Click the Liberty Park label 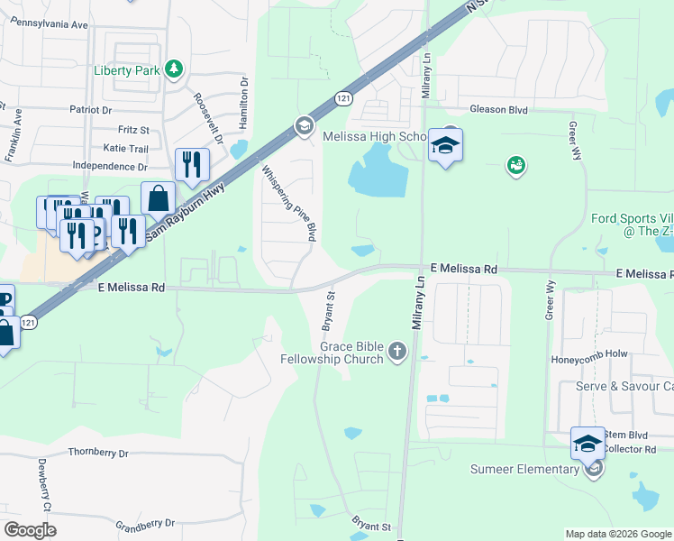coord(126,70)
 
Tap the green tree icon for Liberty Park coord(174,69)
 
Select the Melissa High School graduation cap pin coord(445,145)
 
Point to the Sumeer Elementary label coord(524,469)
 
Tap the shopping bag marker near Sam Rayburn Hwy coord(158,199)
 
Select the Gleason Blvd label coord(497,109)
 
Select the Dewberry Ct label coord(41,479)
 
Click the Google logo coord(30,530)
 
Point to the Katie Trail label coord(125,148)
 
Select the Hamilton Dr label coord(243,96)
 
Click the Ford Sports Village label coord(632,225)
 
